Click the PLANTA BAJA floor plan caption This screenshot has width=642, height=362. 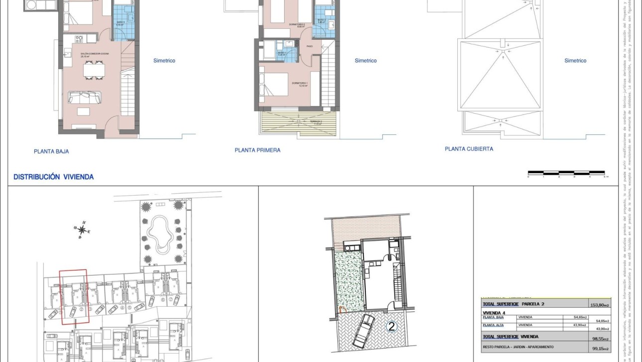(51, 151)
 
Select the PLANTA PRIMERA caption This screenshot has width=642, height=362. (257, 150)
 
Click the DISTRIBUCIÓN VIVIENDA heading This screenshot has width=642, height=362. (53, 177)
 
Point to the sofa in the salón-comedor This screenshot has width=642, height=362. (84, 97)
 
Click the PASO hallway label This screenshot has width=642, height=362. (310, 46)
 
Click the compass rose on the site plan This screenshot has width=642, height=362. (82, 230)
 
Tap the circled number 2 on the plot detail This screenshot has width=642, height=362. (392, 327)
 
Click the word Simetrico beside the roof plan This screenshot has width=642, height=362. (575, 61)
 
